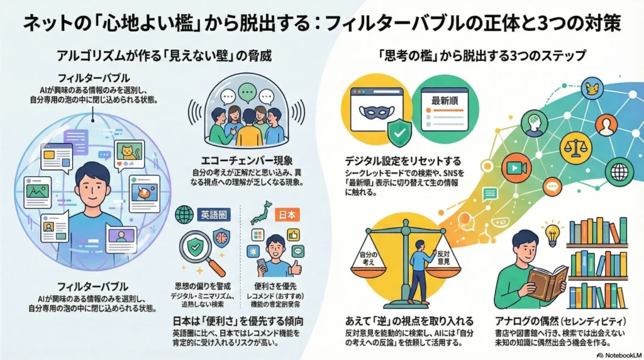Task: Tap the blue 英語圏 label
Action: pyautogui.click(x=213, y=214)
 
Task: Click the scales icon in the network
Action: pyautogui.click(x=575, y=145)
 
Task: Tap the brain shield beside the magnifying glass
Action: pyautogui.click(x=221, y=238)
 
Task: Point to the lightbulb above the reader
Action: pyautogui.click(x=552, y=232)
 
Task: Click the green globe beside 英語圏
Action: pyautogui.click(x=184, y=215)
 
